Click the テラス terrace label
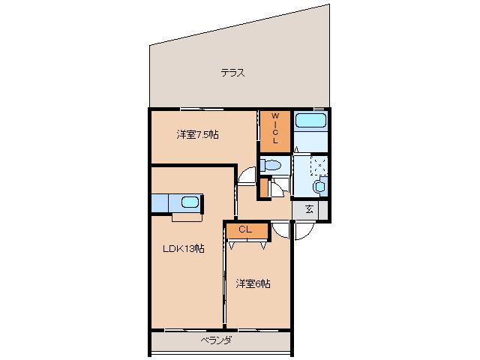click(x=233, y=73)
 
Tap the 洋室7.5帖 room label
click(x=198, y=135)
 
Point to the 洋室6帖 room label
click(x=253, y=283)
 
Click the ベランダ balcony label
click(x=216, y=340)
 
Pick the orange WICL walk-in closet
click(x=275, y=129)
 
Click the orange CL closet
click(x=244, y=231)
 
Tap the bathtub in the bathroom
click(x=309, y=121)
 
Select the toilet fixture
click(x=271, y=165)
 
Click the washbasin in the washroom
click(x=320, y=185)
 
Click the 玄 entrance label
click(x=309, y=211)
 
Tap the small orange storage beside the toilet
click(x=263, y=188)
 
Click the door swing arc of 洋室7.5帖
click(x=246, y=175)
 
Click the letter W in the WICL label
click(x=275, y=115)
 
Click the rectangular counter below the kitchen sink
click(x=187, y=217)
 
